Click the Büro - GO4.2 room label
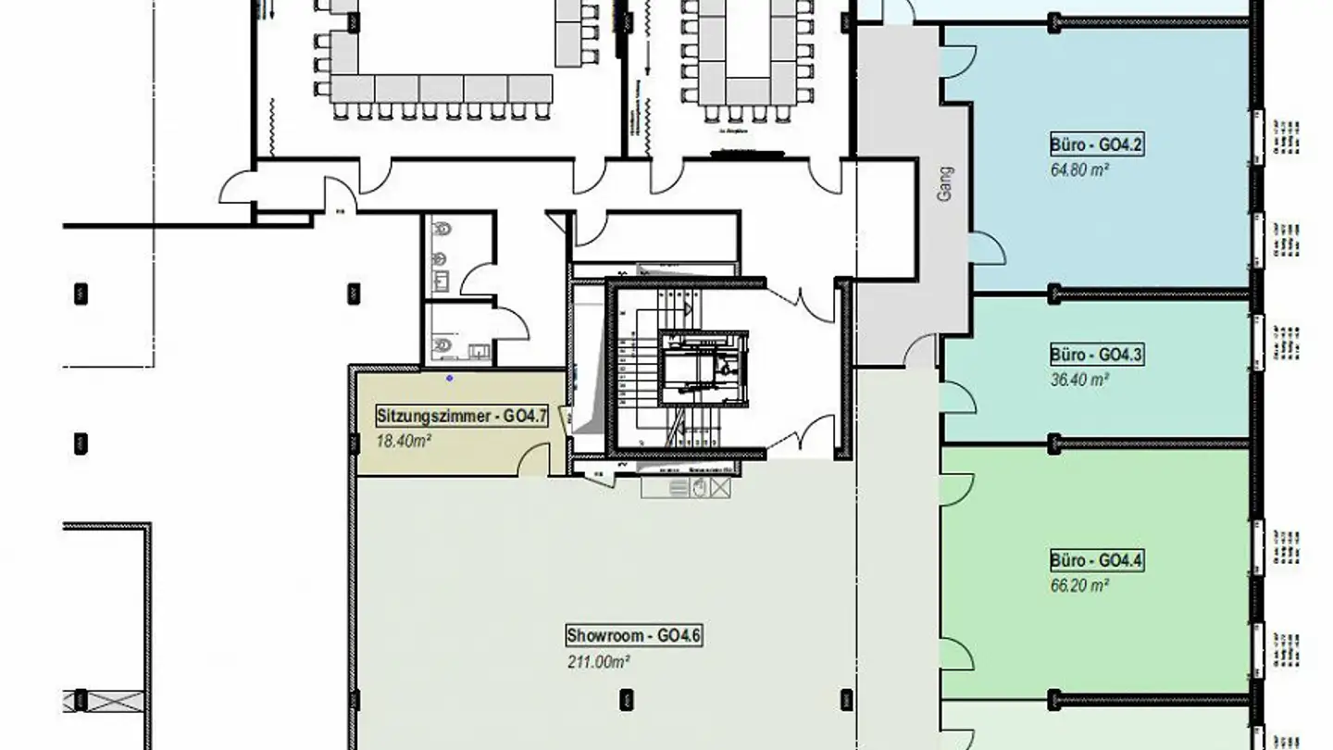(1098, 145)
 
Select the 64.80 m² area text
(1079, 169)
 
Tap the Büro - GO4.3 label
(1098, 355)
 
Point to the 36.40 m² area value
(1079, 379)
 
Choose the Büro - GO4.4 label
(1098, 561)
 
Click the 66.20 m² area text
(1079, 585)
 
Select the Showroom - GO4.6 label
(634, 636)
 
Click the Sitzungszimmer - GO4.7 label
(461, 417)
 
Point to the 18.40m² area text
(403, 441)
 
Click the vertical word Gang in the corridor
(945, 186)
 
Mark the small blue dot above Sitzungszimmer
(450, 378)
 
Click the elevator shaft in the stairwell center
(704, 368)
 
